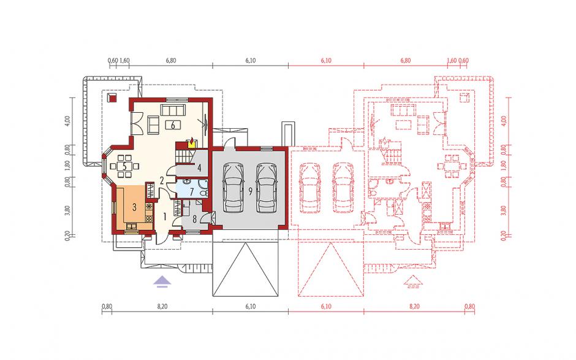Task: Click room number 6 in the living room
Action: coord(173,124)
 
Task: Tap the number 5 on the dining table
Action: coord(124,166)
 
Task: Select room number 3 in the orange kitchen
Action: coord(134,207)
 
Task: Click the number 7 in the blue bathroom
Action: coord(191,192)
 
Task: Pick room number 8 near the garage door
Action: coord(194,219)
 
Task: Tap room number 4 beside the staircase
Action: coord(199,168)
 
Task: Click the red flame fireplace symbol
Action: coord(191,142)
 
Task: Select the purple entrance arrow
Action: coord(162,281)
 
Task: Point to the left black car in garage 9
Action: coord(233,188)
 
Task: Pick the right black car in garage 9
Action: coord(267,188)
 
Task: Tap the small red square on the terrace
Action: coord(112,98)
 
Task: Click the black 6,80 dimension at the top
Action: coord(171,61)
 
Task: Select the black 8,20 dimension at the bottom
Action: coord(162,306)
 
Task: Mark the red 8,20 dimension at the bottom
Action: coord(414,306)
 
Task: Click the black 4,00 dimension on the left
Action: coord(67,121)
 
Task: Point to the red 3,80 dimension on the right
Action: coord(503,210)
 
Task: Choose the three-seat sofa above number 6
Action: coord(173,110)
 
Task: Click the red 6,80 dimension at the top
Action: coord(406,61)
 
